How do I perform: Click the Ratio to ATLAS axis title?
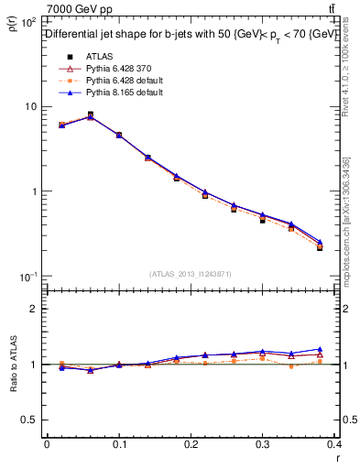coord(14,365)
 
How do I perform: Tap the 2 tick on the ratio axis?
coord(35,309)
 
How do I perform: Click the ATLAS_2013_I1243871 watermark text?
coord(191,274)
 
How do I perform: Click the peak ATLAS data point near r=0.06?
coord(90,115)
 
